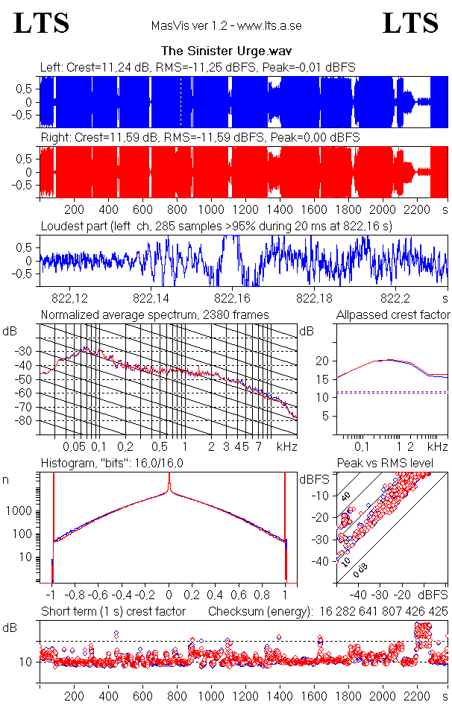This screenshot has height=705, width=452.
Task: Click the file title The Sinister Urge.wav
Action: coord(226,51)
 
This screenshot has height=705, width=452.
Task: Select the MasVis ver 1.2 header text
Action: coord(226,26)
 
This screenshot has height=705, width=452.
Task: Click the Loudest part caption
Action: coord(217,225)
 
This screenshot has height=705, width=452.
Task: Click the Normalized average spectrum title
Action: coord(155,314)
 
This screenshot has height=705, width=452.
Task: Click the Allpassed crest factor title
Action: coord(393,314)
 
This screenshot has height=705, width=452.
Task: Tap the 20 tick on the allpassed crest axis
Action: coord(322,361)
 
